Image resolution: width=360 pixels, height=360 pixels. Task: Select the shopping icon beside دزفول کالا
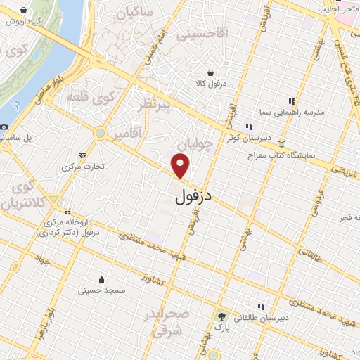coord(210,72)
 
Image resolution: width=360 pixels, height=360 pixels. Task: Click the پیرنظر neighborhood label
coord(157,106)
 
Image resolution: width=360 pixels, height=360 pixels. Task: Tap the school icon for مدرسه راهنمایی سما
coord(293,101)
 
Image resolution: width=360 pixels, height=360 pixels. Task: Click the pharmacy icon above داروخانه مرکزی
coord(67,212)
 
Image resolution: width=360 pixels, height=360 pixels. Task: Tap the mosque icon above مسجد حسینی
coord(101,278)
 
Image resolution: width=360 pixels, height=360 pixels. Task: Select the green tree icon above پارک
coord(222,316)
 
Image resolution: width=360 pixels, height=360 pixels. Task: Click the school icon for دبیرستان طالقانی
coord(261,307)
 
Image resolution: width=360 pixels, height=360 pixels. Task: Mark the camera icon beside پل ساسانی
coord(4,127)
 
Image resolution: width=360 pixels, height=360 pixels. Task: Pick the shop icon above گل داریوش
coord(24,11)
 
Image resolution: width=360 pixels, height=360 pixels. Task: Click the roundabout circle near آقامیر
coord(101,132)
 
